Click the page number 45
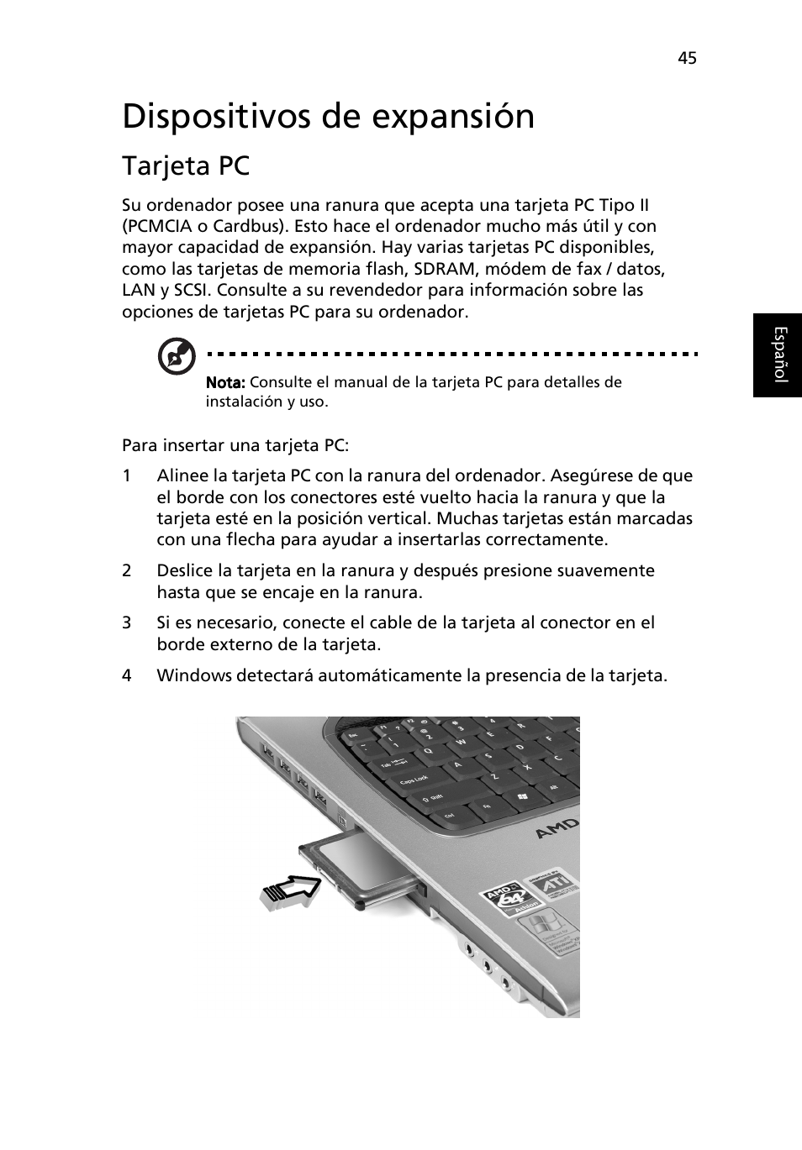point(687,57)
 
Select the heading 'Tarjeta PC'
point(186,166)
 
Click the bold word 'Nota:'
point(225,382)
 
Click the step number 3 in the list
point(127,622)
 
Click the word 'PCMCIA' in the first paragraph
point(161,226)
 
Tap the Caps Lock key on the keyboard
point(414,780)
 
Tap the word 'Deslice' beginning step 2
point(184,570)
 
